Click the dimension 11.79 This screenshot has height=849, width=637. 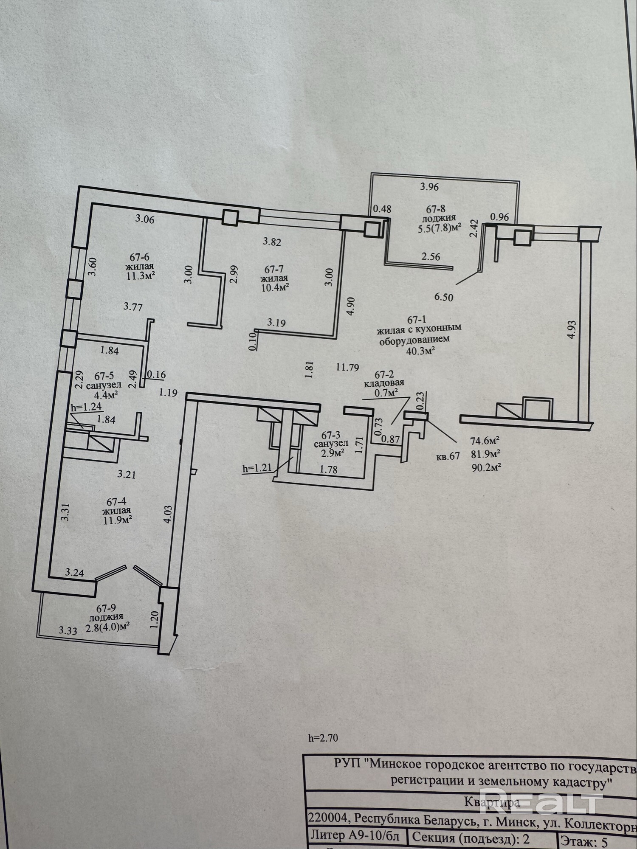pos(347,367)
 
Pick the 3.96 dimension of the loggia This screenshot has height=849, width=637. pos(429,186)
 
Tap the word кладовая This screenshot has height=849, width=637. pos(384,383)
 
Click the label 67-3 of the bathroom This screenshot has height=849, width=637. pos(331,435)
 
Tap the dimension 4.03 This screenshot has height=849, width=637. pos(168,514)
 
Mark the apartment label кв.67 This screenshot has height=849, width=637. pos(448,457)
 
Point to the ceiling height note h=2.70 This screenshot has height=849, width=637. pos(323,738)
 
